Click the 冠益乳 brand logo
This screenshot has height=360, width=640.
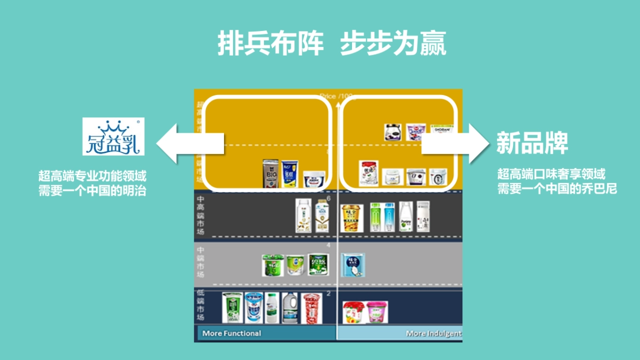(113, 137)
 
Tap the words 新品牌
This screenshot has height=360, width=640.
(532, 143)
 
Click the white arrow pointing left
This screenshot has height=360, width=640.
(189, 143)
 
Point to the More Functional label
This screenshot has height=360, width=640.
(231, 333)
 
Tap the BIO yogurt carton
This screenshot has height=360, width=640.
(271, 173)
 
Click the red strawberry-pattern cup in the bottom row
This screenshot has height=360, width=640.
(311, 308)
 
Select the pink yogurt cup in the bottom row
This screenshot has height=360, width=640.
(377, 312)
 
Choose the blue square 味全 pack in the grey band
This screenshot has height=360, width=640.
(353, 265)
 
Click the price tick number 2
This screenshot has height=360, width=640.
(329, 293)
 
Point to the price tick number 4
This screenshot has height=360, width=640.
(329, 245)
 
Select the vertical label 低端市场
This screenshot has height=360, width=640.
(201, 305)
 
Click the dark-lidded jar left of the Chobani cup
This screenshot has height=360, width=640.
(393, 132)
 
